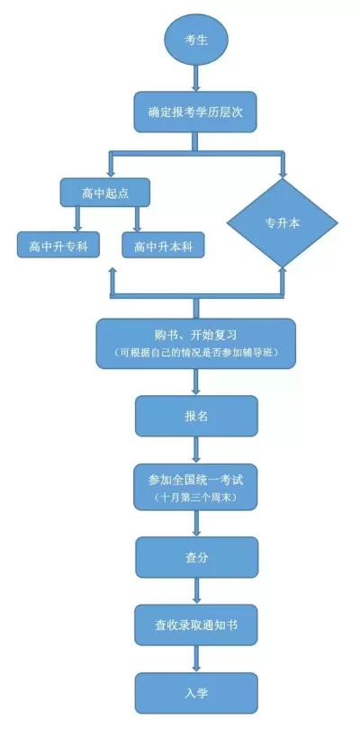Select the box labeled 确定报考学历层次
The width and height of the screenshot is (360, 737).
(x=196, y=112)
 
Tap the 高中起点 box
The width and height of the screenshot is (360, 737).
(x=104, y=192)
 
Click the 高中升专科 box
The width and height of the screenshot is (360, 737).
(x=58, y=245)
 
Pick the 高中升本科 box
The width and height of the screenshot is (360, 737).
(x=163, y=245)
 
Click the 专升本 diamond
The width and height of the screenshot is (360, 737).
(x=282, y=222)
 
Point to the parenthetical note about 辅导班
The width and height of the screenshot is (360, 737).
(x=196, y=352)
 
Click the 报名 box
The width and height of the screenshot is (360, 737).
(x=196, y=417)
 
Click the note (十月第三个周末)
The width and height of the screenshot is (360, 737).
(x=196, y=497)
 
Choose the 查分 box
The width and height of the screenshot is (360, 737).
(x=196, y=557)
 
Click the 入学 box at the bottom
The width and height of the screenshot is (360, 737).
(x=196, y=692)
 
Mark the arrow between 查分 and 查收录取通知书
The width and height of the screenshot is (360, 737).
(x=196, y=589)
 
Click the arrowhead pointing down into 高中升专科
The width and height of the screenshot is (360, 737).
(x=78, y=224)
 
